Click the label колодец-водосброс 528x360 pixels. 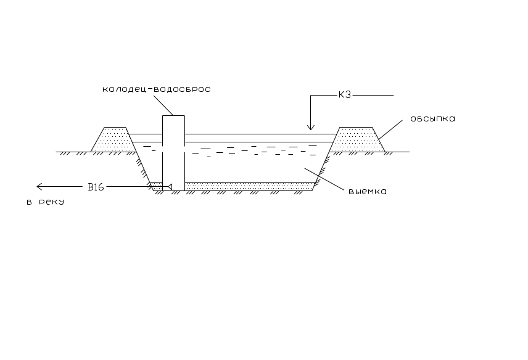coord(157,89)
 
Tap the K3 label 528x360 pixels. coord(344,95)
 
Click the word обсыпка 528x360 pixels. coord(432,118)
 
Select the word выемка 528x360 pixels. coord(367,191)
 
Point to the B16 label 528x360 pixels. coord(96,186)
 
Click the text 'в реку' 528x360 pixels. coord(45,202)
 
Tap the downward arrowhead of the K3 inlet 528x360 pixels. coord(311,128)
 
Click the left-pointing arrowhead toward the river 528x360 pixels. coord(40,186)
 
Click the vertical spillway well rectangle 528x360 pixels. coord(173,151)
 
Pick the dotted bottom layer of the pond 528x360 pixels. coord(247,186)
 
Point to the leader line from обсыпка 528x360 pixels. coord(392,127)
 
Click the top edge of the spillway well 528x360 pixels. coord(173,115)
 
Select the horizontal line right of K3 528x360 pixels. coord(373,95)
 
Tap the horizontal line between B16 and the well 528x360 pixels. coord(126,186)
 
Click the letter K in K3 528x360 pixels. coord(342,95)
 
